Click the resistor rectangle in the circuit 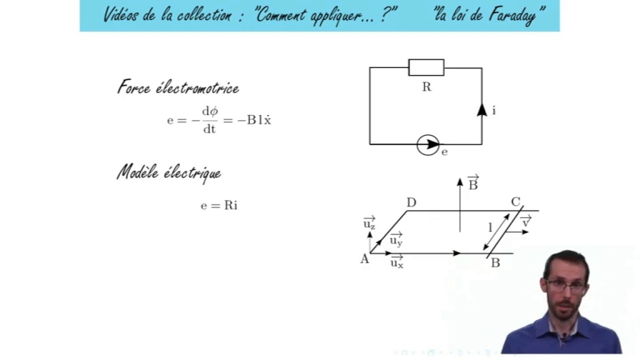pos(426,67)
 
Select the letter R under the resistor pos(426,87)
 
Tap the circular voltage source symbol pos(428,145)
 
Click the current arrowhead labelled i pos(482,110)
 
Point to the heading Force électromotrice pos(178,88)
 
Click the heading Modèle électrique pos(169,173)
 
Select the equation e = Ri pos(219,205)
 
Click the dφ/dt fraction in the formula pos(209,120)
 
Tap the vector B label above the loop pos(473,183)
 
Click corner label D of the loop pos(411,202)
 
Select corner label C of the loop pos(515,202)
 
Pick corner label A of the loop pos(364,259)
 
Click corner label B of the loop pos(495,263)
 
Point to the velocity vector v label pos(525,221)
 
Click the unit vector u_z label pos(369,223)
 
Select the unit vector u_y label pos(396,240)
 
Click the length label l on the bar pos(490,228)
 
